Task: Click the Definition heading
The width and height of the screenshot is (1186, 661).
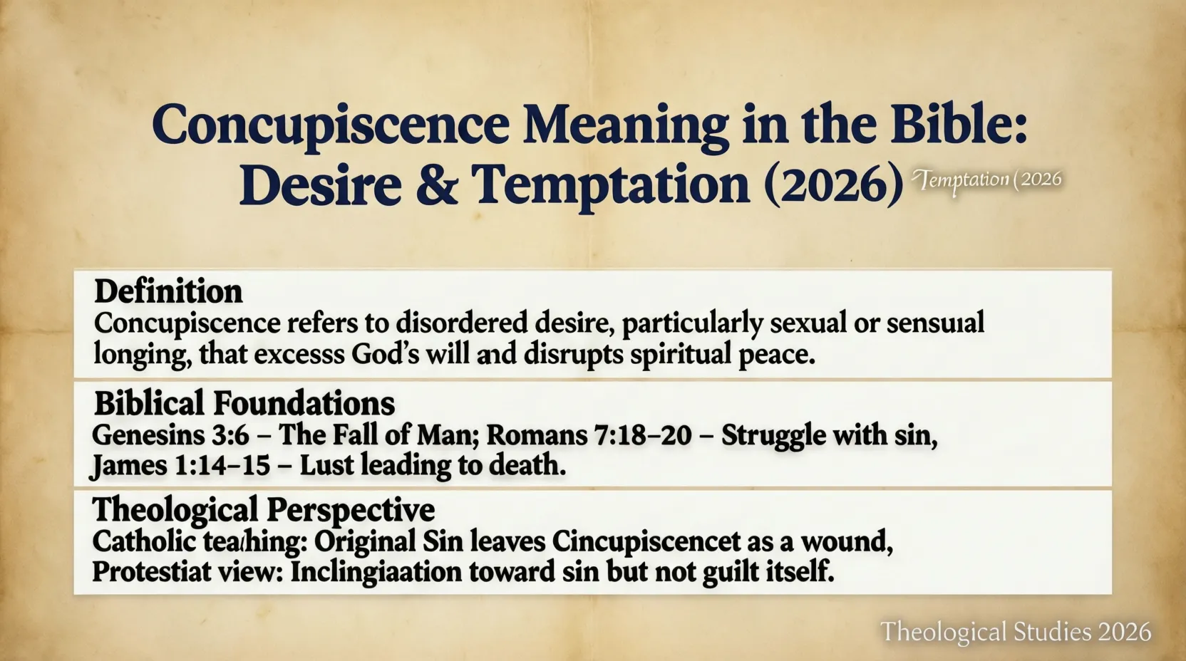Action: (168, 291)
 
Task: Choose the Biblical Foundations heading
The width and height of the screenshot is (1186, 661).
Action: (244, 403)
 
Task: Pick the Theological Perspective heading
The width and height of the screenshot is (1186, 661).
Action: (263, 510)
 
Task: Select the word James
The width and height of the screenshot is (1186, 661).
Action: (126, 465)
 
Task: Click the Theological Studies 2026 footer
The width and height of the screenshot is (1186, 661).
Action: (1016, 632)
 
